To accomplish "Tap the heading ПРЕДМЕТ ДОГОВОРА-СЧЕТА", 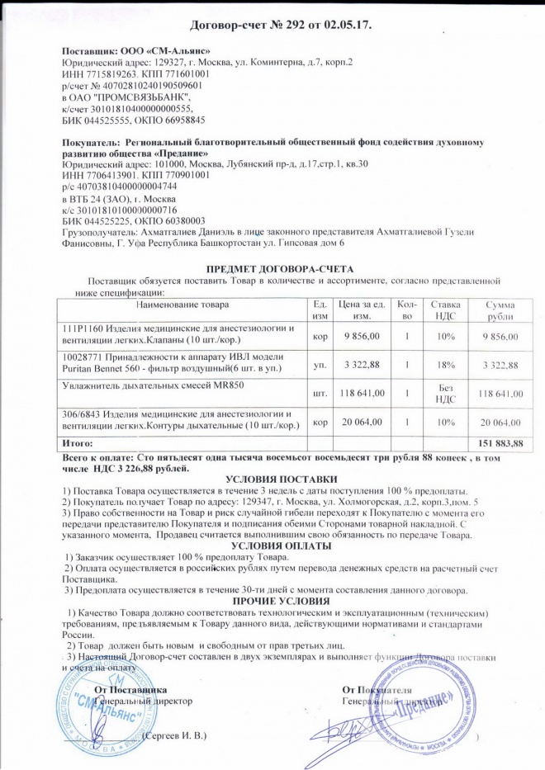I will (279, 270).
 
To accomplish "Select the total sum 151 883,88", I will (501, 444).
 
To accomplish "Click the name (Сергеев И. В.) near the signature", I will (173, 735).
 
